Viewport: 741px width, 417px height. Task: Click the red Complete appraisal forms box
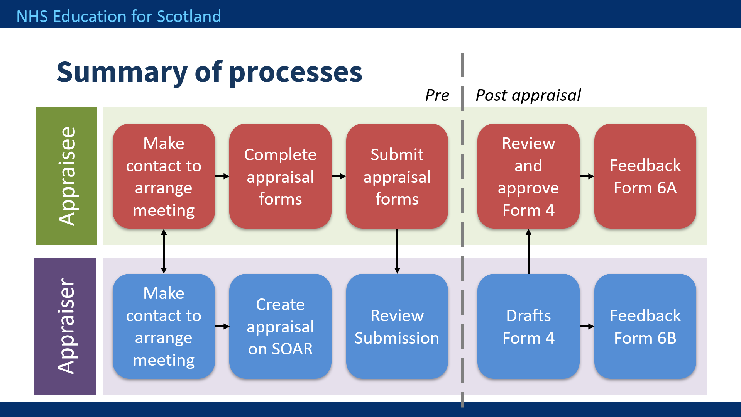coord(280,176)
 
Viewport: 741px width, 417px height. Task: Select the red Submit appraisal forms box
coord(397,176)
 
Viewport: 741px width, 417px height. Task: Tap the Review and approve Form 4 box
coord(528,176)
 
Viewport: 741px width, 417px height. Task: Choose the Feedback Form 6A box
coord(645,176)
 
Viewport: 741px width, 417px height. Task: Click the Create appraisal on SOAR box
coord(280,326)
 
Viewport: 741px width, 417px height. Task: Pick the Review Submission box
coord(397,326)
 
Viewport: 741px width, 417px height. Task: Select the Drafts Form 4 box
coord(528,326)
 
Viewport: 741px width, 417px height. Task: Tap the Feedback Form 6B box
coord(645,326)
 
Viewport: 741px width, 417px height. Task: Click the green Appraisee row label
coord(66,176)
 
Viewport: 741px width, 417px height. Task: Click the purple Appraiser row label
coord(65,326)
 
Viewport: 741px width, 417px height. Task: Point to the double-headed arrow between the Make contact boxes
coord(164,251)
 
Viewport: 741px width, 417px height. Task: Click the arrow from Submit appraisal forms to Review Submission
coord(397,251)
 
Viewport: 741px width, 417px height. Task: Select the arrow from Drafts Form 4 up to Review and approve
coord(528,251)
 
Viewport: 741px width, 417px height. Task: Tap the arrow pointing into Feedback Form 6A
coord(587,176)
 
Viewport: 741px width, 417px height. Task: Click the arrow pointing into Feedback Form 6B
coord(587,327)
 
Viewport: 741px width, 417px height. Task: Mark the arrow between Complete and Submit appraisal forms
coord(339,176)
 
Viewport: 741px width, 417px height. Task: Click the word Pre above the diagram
coord(437,95)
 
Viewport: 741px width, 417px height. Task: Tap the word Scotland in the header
coord(189,17)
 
